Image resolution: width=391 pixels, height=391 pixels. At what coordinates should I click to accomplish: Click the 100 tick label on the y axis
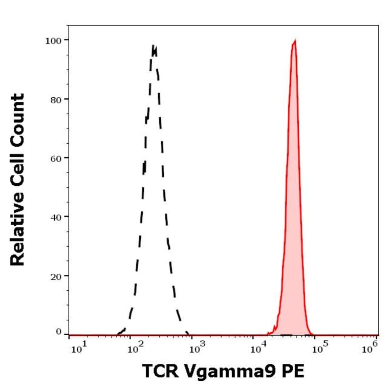[53, 40]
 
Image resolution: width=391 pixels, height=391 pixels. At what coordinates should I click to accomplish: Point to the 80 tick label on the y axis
[55, 99]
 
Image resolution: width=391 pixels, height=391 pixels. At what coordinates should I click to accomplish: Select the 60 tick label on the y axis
[55, 158]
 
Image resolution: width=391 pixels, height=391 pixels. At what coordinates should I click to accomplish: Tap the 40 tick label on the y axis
[55, 217]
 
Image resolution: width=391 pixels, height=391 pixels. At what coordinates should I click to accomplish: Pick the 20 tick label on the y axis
[55, 276]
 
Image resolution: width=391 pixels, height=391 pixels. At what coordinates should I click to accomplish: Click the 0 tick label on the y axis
[58, 332]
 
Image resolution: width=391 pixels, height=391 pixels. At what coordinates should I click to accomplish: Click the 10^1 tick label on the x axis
[78, 349]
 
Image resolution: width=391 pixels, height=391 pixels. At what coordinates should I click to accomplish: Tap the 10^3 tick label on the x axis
[196, 349]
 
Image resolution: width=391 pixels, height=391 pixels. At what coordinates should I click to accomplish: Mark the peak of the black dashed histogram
[153, 46]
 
